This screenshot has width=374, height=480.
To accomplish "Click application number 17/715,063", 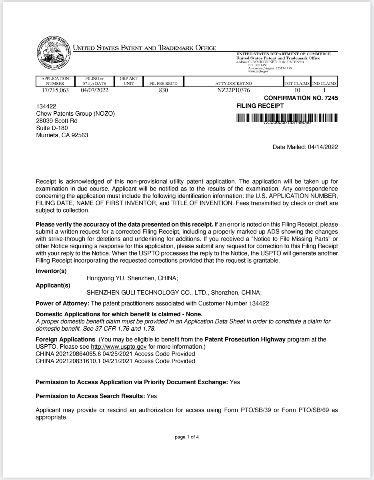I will (x=55, y=90).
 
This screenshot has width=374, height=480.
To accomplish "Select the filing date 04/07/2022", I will (x=94, y=90).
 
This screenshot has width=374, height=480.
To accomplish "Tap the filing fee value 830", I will (x=163, y=90).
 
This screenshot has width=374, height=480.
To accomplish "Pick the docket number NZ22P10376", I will (x=234, y=90).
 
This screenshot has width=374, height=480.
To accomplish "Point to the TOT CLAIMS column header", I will (x=297, y=84).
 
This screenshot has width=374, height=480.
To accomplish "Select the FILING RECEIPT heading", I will (x=260, y=106).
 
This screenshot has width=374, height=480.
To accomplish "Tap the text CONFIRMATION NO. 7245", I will (x=301, y=98).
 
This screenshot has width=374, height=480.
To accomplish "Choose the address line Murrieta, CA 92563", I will (x=62, y=135).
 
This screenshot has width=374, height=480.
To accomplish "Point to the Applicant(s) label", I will (x=53, y=285).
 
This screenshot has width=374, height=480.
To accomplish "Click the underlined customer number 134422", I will (x=259, y=303).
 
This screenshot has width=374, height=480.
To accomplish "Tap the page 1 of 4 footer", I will (x=187, y=437).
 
